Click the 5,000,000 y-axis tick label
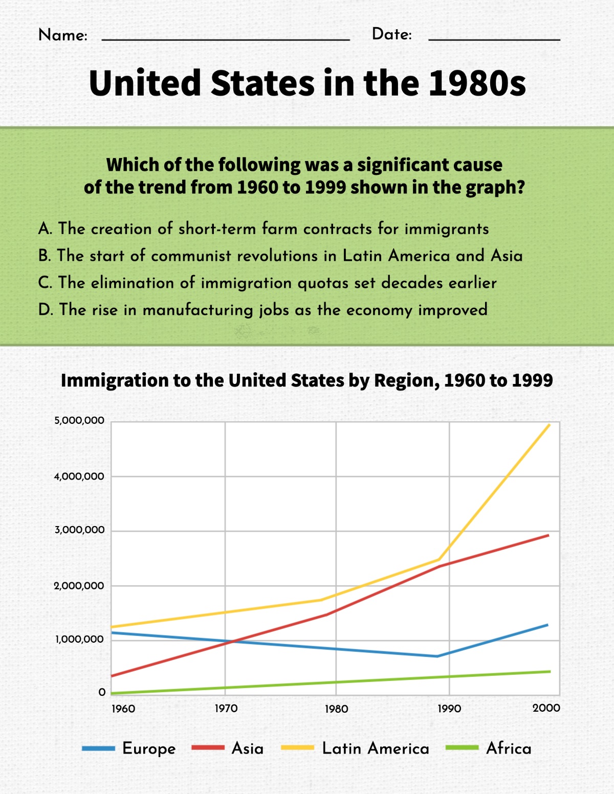coord(79,421)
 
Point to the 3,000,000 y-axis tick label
coord(79,530)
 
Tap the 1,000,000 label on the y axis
coord(79,640)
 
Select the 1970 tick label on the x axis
coord(226,709)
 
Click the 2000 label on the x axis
coord(546,708)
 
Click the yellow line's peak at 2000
coord(550,424)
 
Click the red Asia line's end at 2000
coord(549,535)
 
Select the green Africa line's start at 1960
coord(112,693)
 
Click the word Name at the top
coord(62,35)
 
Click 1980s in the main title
coord(477,83)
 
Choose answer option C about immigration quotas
coord(267,283)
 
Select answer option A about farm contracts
coord(263,229)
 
